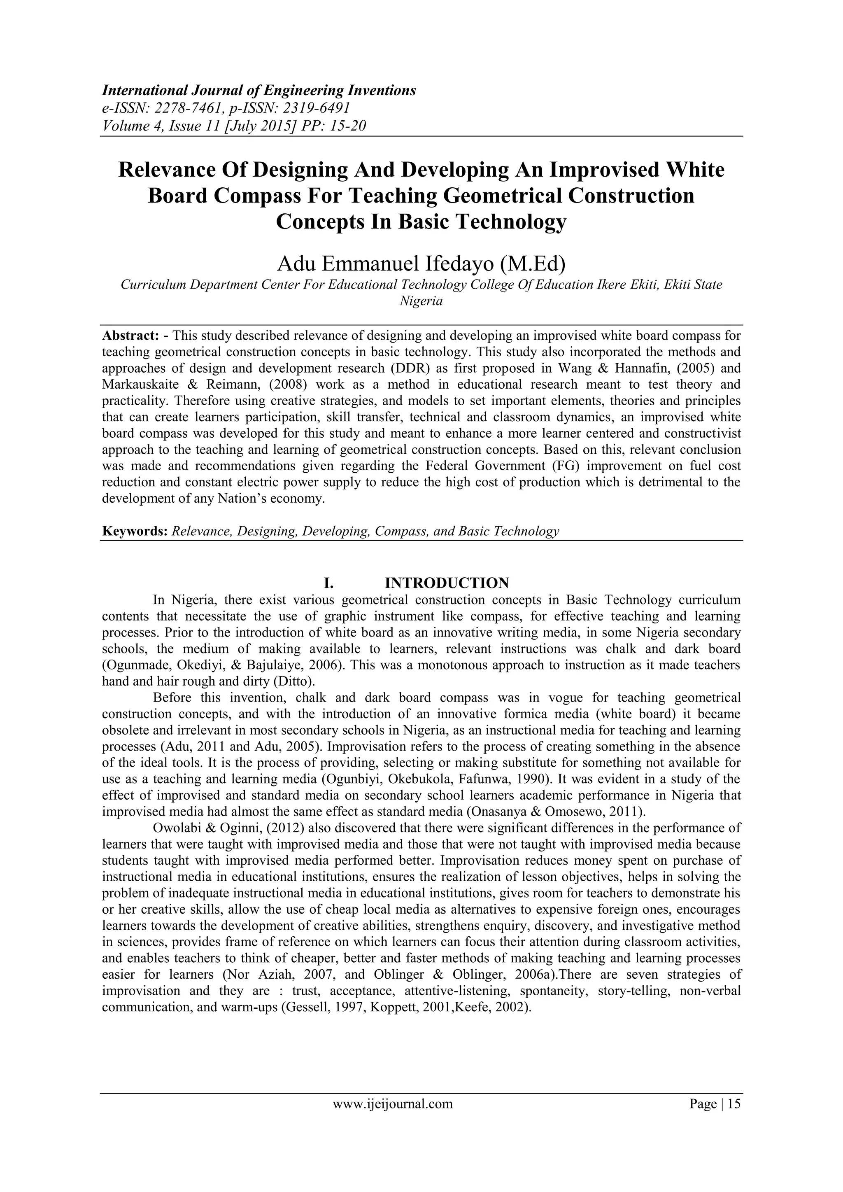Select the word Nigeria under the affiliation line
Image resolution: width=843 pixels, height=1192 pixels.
coord(421,301)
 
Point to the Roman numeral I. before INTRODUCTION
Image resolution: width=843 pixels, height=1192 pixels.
coord(328,583)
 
